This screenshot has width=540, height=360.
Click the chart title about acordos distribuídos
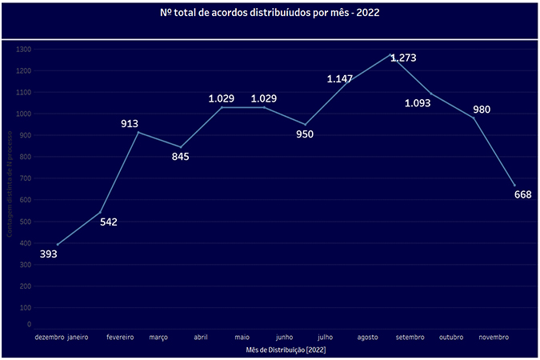270,13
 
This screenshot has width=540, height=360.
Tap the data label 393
49,254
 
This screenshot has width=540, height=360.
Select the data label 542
109,222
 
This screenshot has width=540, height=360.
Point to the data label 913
130,123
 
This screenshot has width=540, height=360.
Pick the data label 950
304,134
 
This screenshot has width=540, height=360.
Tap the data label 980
481,110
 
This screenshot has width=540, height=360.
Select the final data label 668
522,194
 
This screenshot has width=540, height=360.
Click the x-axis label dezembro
49,338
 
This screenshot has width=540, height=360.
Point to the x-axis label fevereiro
120,338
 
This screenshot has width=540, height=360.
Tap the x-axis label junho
285,338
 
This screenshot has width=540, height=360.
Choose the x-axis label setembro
411,338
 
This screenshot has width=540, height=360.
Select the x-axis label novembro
494,338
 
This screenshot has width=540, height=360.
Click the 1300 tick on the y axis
22,50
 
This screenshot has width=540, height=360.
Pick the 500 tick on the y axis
24,222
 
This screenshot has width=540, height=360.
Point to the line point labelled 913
138,132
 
